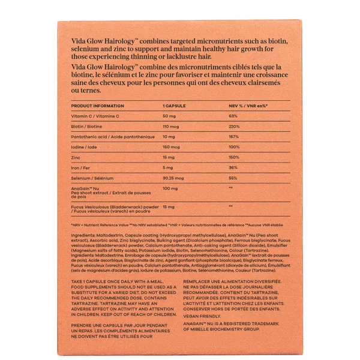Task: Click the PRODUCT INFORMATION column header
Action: [x=97, y=105]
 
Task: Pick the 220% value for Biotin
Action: [x=235, y=127]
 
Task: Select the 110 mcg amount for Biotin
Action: [x=173, y=127]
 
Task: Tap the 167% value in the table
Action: [x=234, y=137]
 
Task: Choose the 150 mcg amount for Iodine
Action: [x=173, y=147]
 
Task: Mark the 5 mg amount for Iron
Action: [x=169, y=167]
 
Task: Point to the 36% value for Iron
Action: [x=233, y=167]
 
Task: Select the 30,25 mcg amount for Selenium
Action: [x=175, y=178]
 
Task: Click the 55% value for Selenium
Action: [x=233, y=178]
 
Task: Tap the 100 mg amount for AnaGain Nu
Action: [x=172, y=188]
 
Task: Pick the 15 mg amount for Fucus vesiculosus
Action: [x=170, y=206]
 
